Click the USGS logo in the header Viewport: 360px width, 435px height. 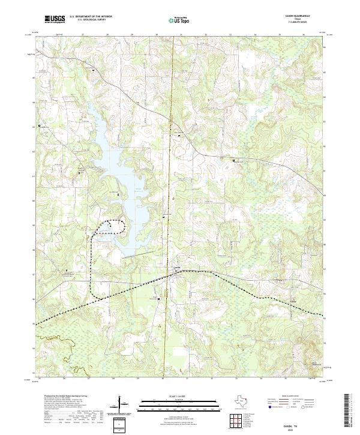coord(55,20)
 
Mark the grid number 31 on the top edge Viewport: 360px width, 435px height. coord(181,35)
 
